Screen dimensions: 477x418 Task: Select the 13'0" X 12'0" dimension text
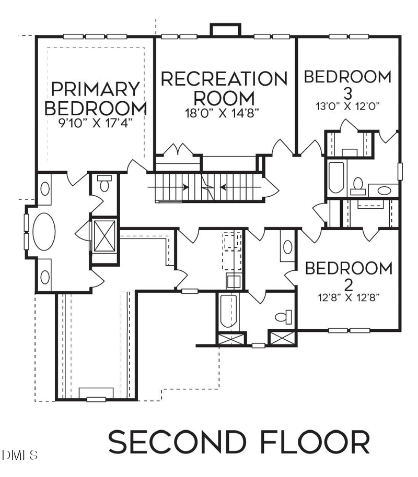347,106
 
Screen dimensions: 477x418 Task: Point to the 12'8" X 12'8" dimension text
348,297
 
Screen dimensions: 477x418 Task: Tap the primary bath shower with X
104,236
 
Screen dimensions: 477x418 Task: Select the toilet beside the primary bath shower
104,184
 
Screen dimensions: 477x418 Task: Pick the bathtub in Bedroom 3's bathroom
335,178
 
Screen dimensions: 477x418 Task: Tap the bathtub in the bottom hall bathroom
228,312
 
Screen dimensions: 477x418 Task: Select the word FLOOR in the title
306,442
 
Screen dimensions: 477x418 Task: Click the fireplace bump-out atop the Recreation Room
224,30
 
